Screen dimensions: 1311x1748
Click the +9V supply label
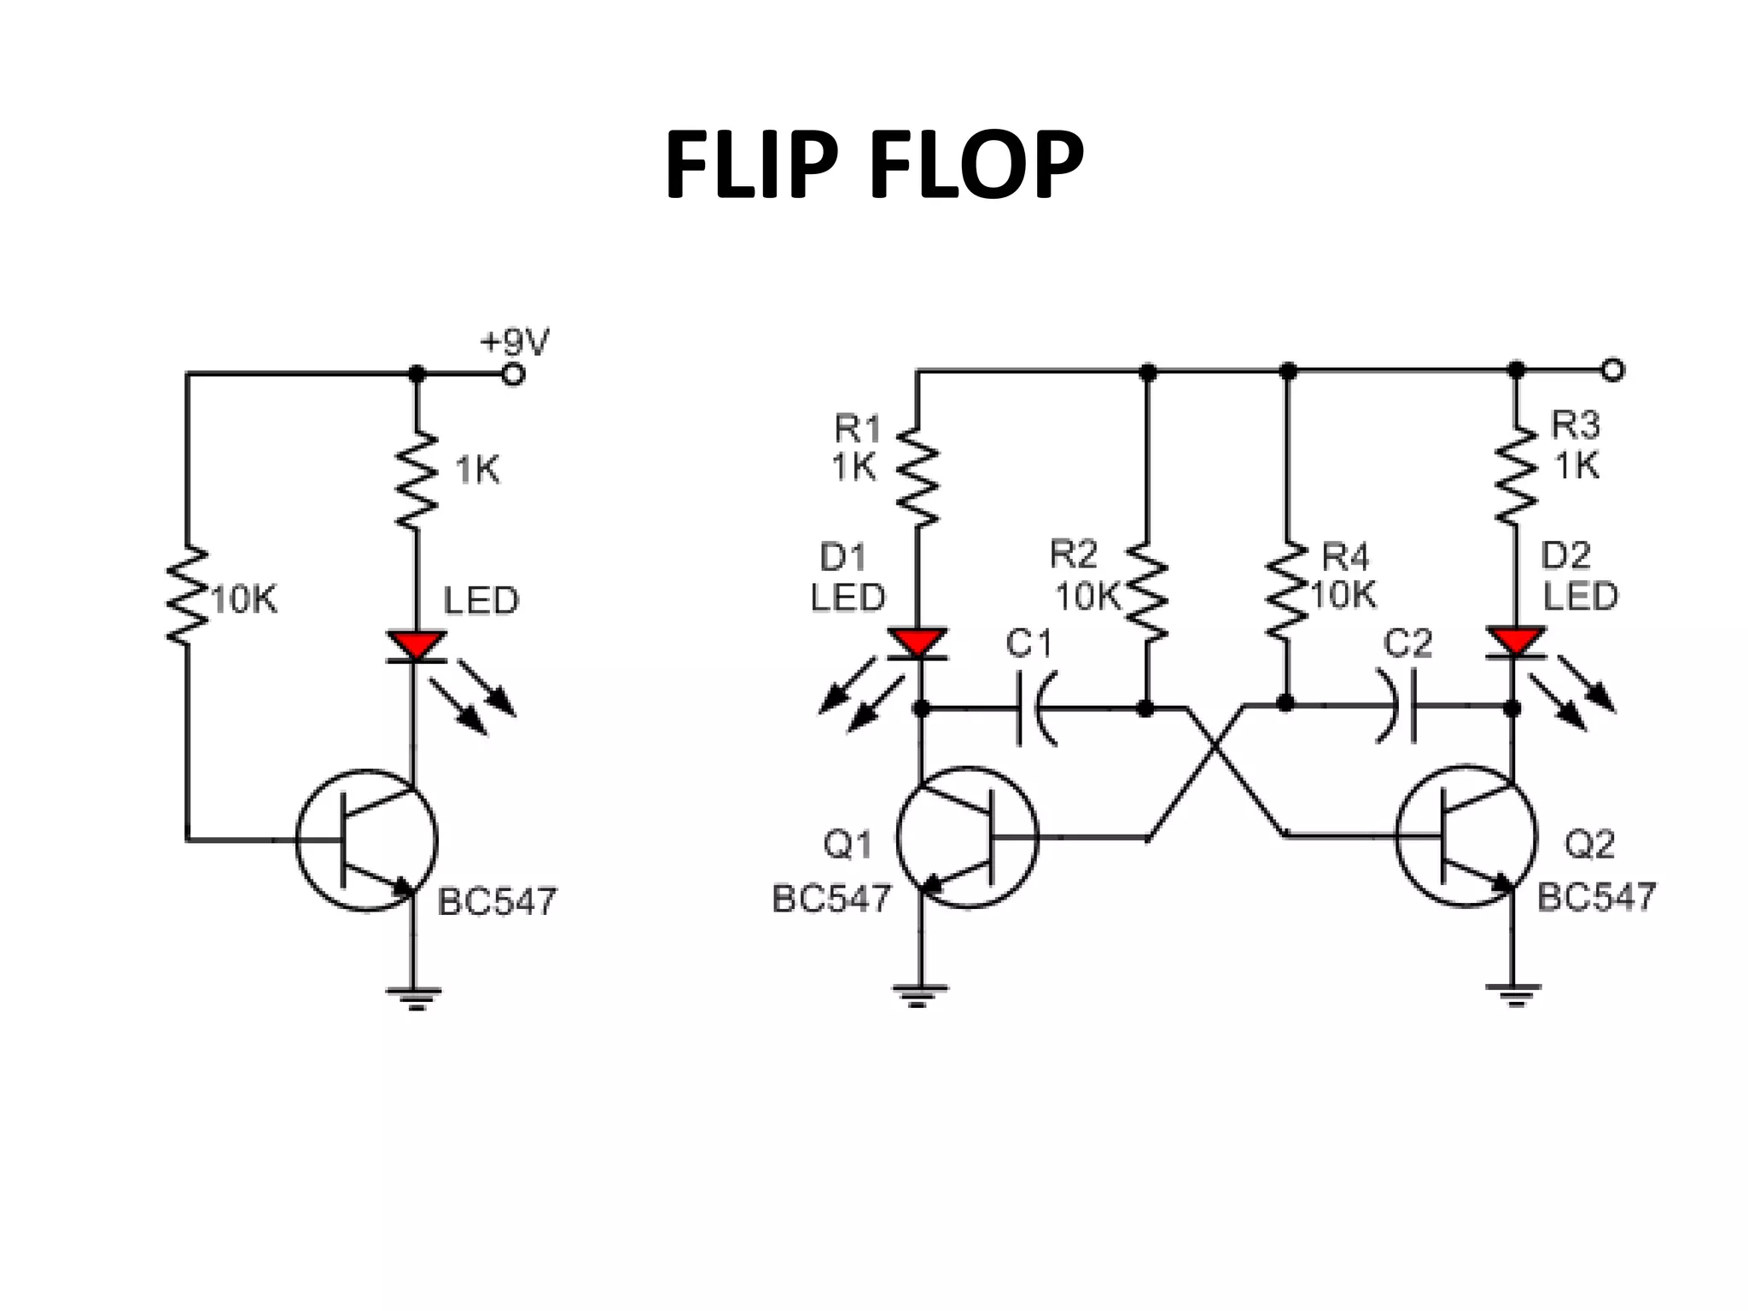[x=515, y=342]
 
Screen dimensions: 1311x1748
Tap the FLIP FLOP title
[x=874, y=166]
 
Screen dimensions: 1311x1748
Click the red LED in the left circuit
[x=417, y=645]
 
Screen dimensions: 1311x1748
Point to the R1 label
[x=857, y=428]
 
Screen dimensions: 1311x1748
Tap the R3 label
[x=1575, y=424]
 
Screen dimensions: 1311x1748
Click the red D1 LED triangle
[x=918, y=643]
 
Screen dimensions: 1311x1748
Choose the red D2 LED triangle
[x=1516, y=641]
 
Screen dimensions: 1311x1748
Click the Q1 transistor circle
[x=967, y=837]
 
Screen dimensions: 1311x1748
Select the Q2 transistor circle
[x=1466, y=836]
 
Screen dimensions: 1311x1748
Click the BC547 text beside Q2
[x=1595, y=897]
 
